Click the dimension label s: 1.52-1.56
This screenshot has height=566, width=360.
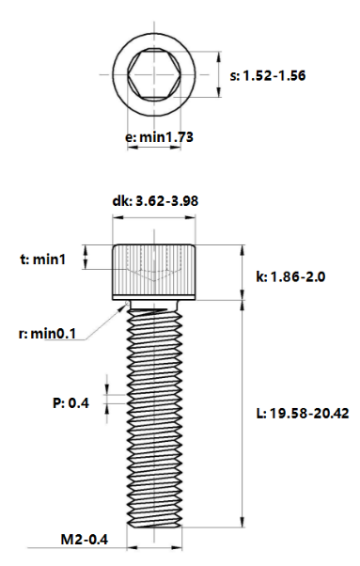268,76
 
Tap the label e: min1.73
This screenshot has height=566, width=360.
159,137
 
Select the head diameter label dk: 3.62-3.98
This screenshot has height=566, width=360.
155,201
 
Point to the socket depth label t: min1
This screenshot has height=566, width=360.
43,259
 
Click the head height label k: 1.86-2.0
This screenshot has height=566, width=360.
290,276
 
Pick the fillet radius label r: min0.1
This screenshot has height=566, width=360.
47,334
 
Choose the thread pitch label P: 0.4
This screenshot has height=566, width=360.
70,402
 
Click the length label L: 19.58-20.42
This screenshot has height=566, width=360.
303,414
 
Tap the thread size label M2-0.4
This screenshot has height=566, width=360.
85,540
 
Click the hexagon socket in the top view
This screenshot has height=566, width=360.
154,74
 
